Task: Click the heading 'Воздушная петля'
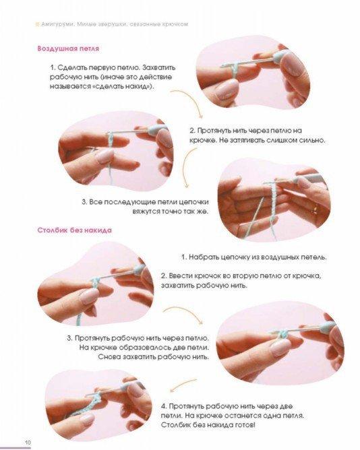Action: point(68,49)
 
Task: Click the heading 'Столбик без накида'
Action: point(75,230)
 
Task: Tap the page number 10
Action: point(28,442)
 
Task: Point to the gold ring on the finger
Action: point(316,209)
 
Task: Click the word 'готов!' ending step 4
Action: point(245,425)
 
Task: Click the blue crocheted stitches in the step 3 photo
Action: point(284,334)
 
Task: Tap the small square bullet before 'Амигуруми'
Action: point(37,25)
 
